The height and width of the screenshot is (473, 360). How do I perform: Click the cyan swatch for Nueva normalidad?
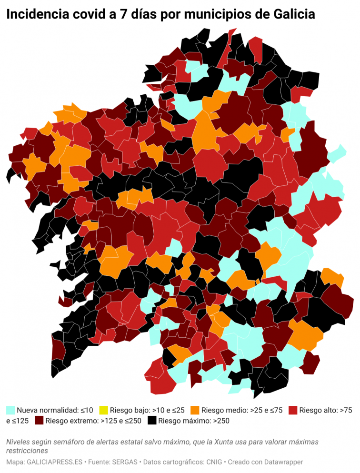[10, 410]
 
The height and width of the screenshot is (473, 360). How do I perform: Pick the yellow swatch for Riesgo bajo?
[103, 410]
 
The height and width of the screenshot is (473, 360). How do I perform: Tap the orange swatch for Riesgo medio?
[195, 410]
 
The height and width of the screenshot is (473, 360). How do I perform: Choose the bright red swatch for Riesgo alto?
[293, 410]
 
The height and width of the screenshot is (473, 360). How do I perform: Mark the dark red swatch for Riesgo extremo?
[39, 421]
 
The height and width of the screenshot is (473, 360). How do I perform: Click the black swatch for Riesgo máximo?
[152, 421]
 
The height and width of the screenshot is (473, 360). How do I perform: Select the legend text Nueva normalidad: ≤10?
[55, 410]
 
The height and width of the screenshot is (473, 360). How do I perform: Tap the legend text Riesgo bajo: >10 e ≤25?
[147, 410]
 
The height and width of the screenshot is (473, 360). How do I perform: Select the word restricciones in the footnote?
[27, 451]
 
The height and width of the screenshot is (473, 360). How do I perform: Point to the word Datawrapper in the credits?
[280, 462]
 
